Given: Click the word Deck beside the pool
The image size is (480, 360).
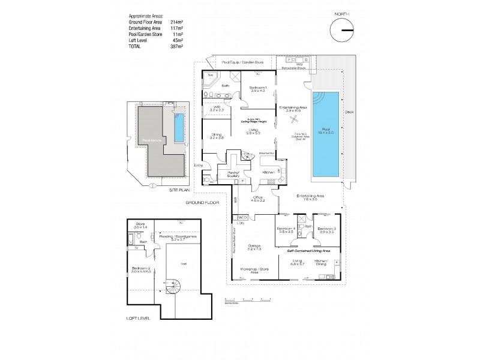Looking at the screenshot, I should pyautogui.click(x=349, y=112).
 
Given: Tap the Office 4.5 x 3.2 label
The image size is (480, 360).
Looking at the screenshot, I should pyautogui.click(x=258, y=199).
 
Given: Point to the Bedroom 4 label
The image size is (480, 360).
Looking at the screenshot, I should pyautogui.click(x=285, y=230).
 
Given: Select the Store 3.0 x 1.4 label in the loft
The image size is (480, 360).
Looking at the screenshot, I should pyautogui.click(x=140, y=226).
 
